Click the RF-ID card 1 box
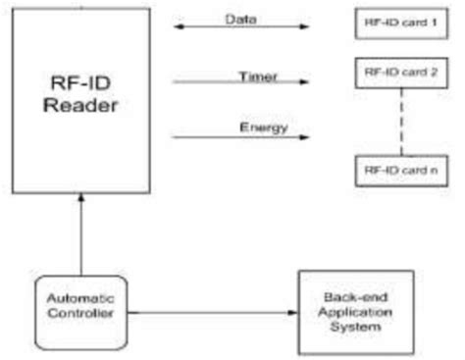[x=399, y=23]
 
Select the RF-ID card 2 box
[x=399, y=72]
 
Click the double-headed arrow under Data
[x=240, y=27]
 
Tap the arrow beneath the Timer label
[x=240, y=81]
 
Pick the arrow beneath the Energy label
[x=240, y=136]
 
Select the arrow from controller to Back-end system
[x=211, y=313]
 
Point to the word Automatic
[x=81, y=297]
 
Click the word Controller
[x=81, y=312]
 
